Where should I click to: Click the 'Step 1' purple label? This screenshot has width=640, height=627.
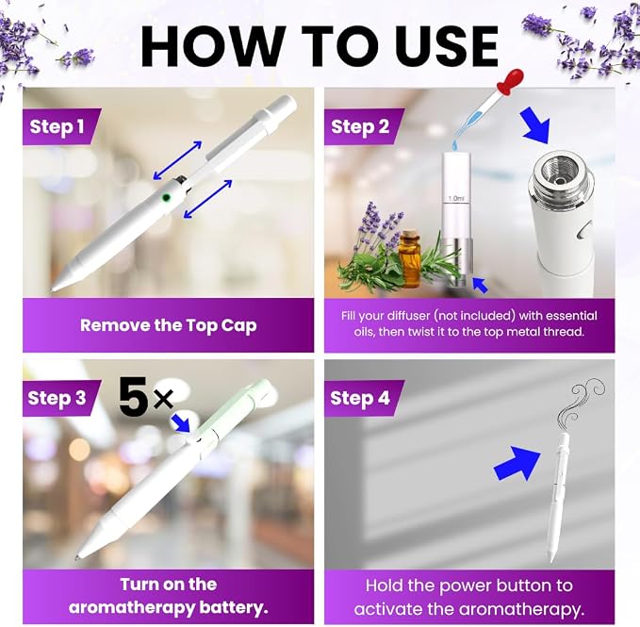(61, 127)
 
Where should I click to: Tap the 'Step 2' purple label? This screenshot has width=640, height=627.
(363, 127)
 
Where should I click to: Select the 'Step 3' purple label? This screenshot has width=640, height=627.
(61, 398)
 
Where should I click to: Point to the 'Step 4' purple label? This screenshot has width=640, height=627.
(363, 398)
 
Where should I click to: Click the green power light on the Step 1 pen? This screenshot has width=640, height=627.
(166, 198)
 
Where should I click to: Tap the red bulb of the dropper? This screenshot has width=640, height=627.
(510, 80)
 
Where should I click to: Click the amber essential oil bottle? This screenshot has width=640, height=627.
(410, 258)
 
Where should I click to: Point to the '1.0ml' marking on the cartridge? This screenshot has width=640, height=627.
(456, 198)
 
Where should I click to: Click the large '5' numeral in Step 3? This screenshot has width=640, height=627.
(133, 396)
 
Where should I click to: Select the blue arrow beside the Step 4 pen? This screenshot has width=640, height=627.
(517, 463)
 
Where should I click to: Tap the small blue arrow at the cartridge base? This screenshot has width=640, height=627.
(480, 284)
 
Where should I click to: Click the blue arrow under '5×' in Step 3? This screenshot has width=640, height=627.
(181, 422)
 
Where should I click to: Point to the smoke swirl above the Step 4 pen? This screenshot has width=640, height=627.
(581, 403)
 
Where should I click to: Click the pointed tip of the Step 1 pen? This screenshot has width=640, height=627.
(53, 289)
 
